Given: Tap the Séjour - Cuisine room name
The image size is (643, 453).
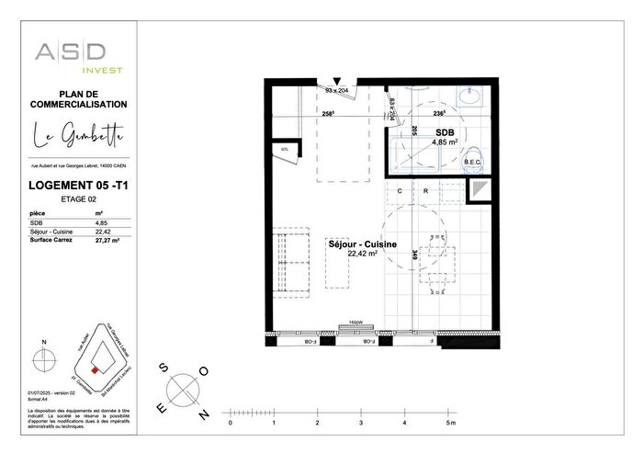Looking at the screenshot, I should (x=363, y=243).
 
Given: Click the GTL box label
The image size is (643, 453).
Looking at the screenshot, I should (x=284, y=150).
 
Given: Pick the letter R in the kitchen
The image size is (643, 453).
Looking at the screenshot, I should (x=426, y=190).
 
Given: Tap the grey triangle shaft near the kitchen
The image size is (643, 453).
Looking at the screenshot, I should (x=479, y=190).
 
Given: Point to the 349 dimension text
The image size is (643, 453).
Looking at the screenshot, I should (x=416, y=255).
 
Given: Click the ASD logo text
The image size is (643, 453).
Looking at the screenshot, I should (x=71, y=51).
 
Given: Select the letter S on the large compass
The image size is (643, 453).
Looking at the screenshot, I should (x=164, y=367).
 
